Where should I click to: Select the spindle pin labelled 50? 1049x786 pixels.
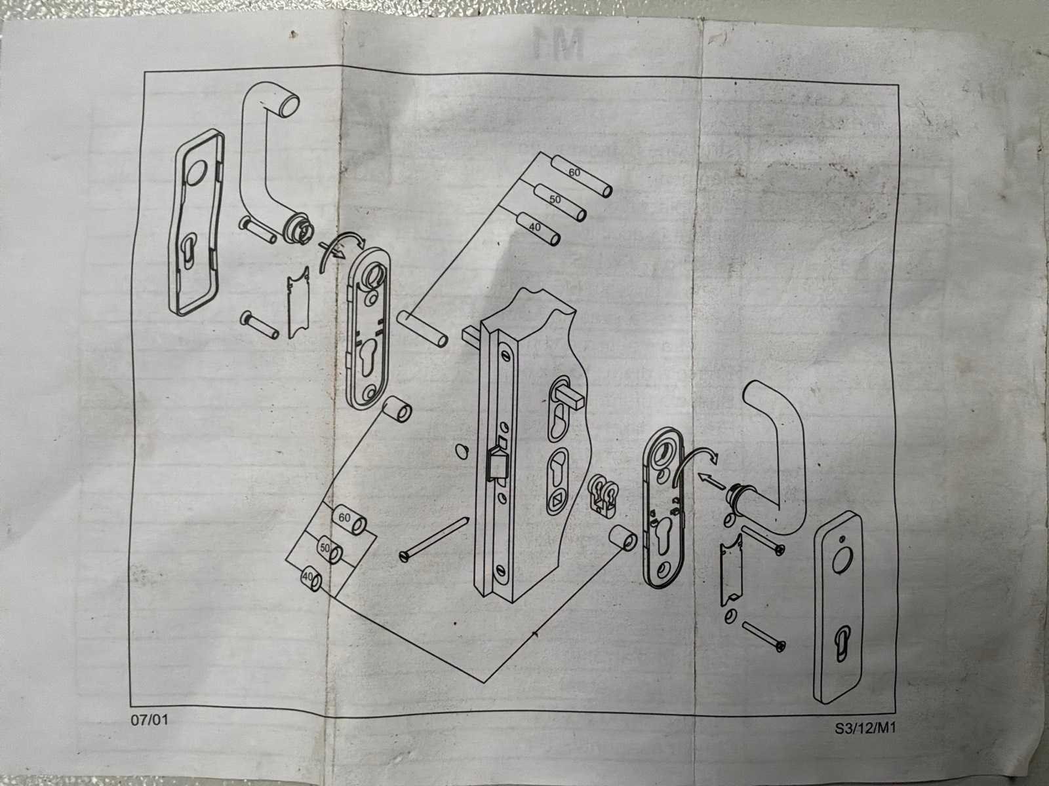559,203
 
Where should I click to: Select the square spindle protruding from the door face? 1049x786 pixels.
570,398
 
